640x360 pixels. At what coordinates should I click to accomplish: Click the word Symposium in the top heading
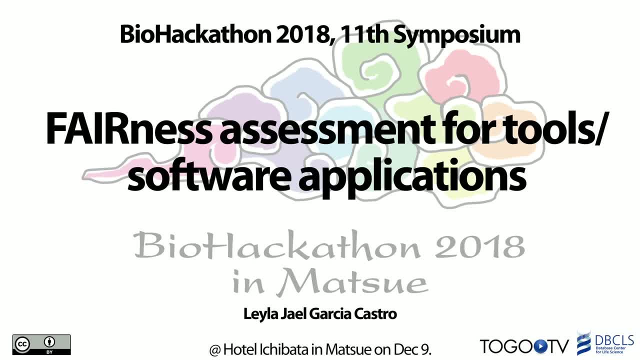point(457,35)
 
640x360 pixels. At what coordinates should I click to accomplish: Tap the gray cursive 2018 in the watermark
point(480,246)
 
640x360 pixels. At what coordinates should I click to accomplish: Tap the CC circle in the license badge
point(22,344)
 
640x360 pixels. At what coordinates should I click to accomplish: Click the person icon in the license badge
point(49,342)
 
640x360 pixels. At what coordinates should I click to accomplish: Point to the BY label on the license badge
point(49,352)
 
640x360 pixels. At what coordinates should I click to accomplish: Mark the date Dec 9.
point(412,349)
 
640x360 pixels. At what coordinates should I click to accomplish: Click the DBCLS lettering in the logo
point(614,340)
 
